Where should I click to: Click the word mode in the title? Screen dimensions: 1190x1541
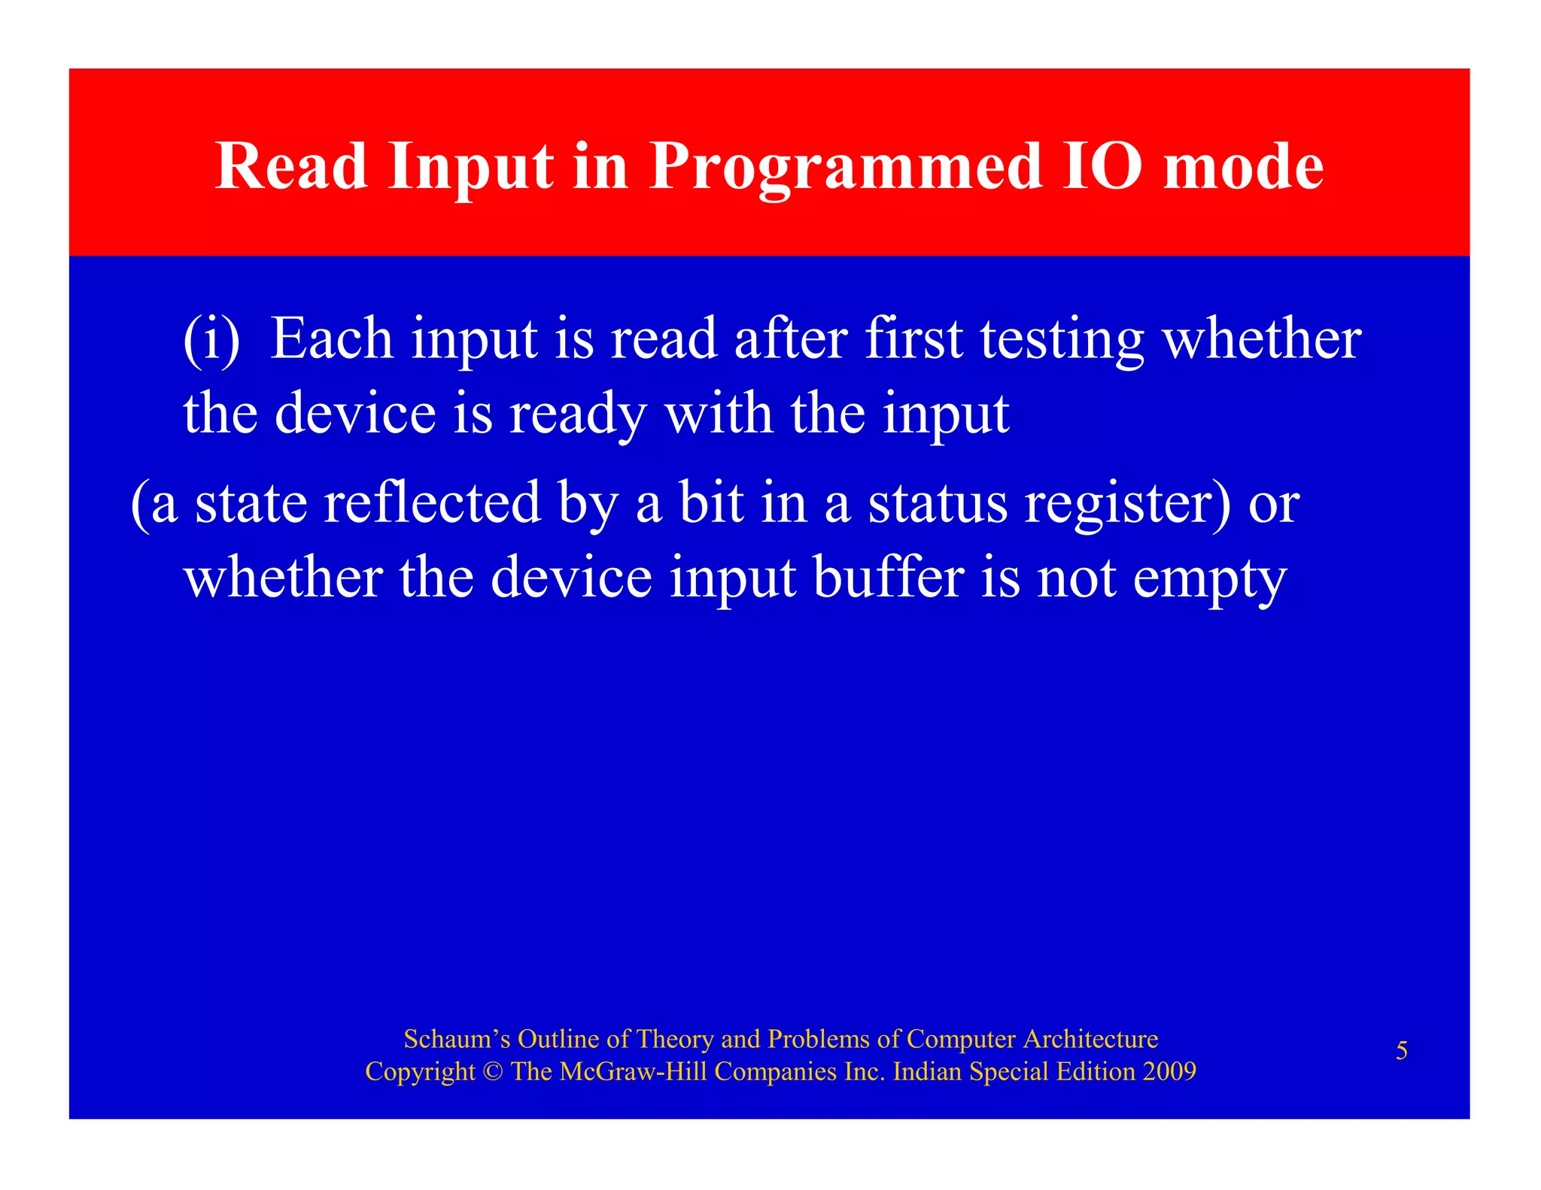coord(1243,168)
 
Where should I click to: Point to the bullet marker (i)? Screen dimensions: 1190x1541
coord(211,339)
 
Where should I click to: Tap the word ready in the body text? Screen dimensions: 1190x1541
coord(577,416)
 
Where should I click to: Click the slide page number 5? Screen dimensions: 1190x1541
coord(1402,1050)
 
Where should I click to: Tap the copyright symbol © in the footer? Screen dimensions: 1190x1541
coord(493,1071)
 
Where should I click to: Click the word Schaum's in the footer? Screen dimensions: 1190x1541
coord(457,1039)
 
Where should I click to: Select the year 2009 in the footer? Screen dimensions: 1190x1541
coord(1169,1071)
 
